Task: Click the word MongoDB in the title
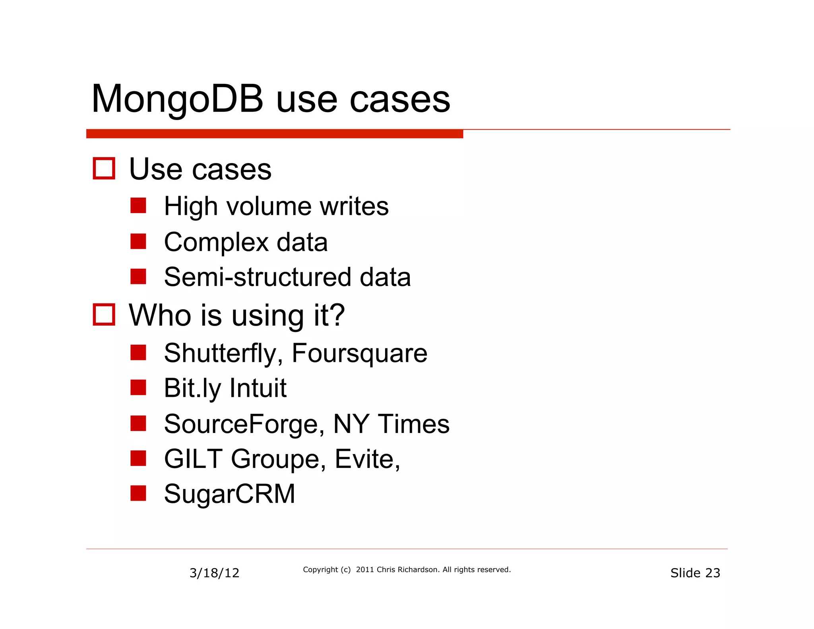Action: tap(177, 99)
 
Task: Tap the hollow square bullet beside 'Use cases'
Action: tap(104, 169)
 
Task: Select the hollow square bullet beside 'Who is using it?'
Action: tap(104, 314)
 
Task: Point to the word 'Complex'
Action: tap(216, 242)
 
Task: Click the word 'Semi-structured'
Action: tap(258, 277)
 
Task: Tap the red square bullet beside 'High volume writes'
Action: tap(138, 206)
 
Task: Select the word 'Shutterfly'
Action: tap(220, 353)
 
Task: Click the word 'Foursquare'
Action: tap(359, 353)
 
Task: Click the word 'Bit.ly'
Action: tap(192, 388)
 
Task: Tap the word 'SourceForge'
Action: tap(241, 424)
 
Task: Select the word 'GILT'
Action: tap(193, 459)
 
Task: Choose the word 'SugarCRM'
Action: tap(229, 494)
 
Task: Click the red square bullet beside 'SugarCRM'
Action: tap(138, 493)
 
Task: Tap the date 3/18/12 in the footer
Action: tap(214, 573)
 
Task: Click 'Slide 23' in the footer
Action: tap(695, 573)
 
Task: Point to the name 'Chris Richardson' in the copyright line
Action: tap(407, 570)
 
